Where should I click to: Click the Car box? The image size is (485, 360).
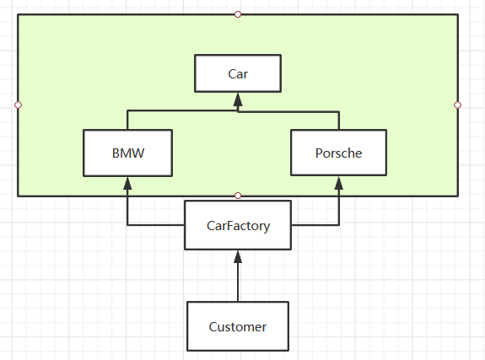238,73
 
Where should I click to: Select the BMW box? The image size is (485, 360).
127,153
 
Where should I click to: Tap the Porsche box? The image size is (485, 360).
339,153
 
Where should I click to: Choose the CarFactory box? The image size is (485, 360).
238,225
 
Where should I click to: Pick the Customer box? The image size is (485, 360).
238,326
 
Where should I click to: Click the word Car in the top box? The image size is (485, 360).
238,74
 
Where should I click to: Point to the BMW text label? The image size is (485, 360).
128,153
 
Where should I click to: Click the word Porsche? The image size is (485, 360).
339,153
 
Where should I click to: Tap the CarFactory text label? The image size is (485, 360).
238,226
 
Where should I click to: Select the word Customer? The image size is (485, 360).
238,327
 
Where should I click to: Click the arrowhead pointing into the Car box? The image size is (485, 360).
238,99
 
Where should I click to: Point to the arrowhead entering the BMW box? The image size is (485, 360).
127,183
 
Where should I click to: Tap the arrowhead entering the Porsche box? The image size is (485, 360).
339,183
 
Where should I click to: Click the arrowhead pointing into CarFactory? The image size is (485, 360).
238,256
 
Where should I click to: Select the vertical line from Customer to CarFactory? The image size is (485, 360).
238,282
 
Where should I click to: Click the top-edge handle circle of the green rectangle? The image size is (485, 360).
238,14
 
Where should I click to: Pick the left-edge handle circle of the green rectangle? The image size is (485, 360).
18,105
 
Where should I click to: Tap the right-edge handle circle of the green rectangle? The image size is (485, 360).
458,105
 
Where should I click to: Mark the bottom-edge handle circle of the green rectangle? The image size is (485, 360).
238,196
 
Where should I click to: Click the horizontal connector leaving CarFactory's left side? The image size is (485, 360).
156,225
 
